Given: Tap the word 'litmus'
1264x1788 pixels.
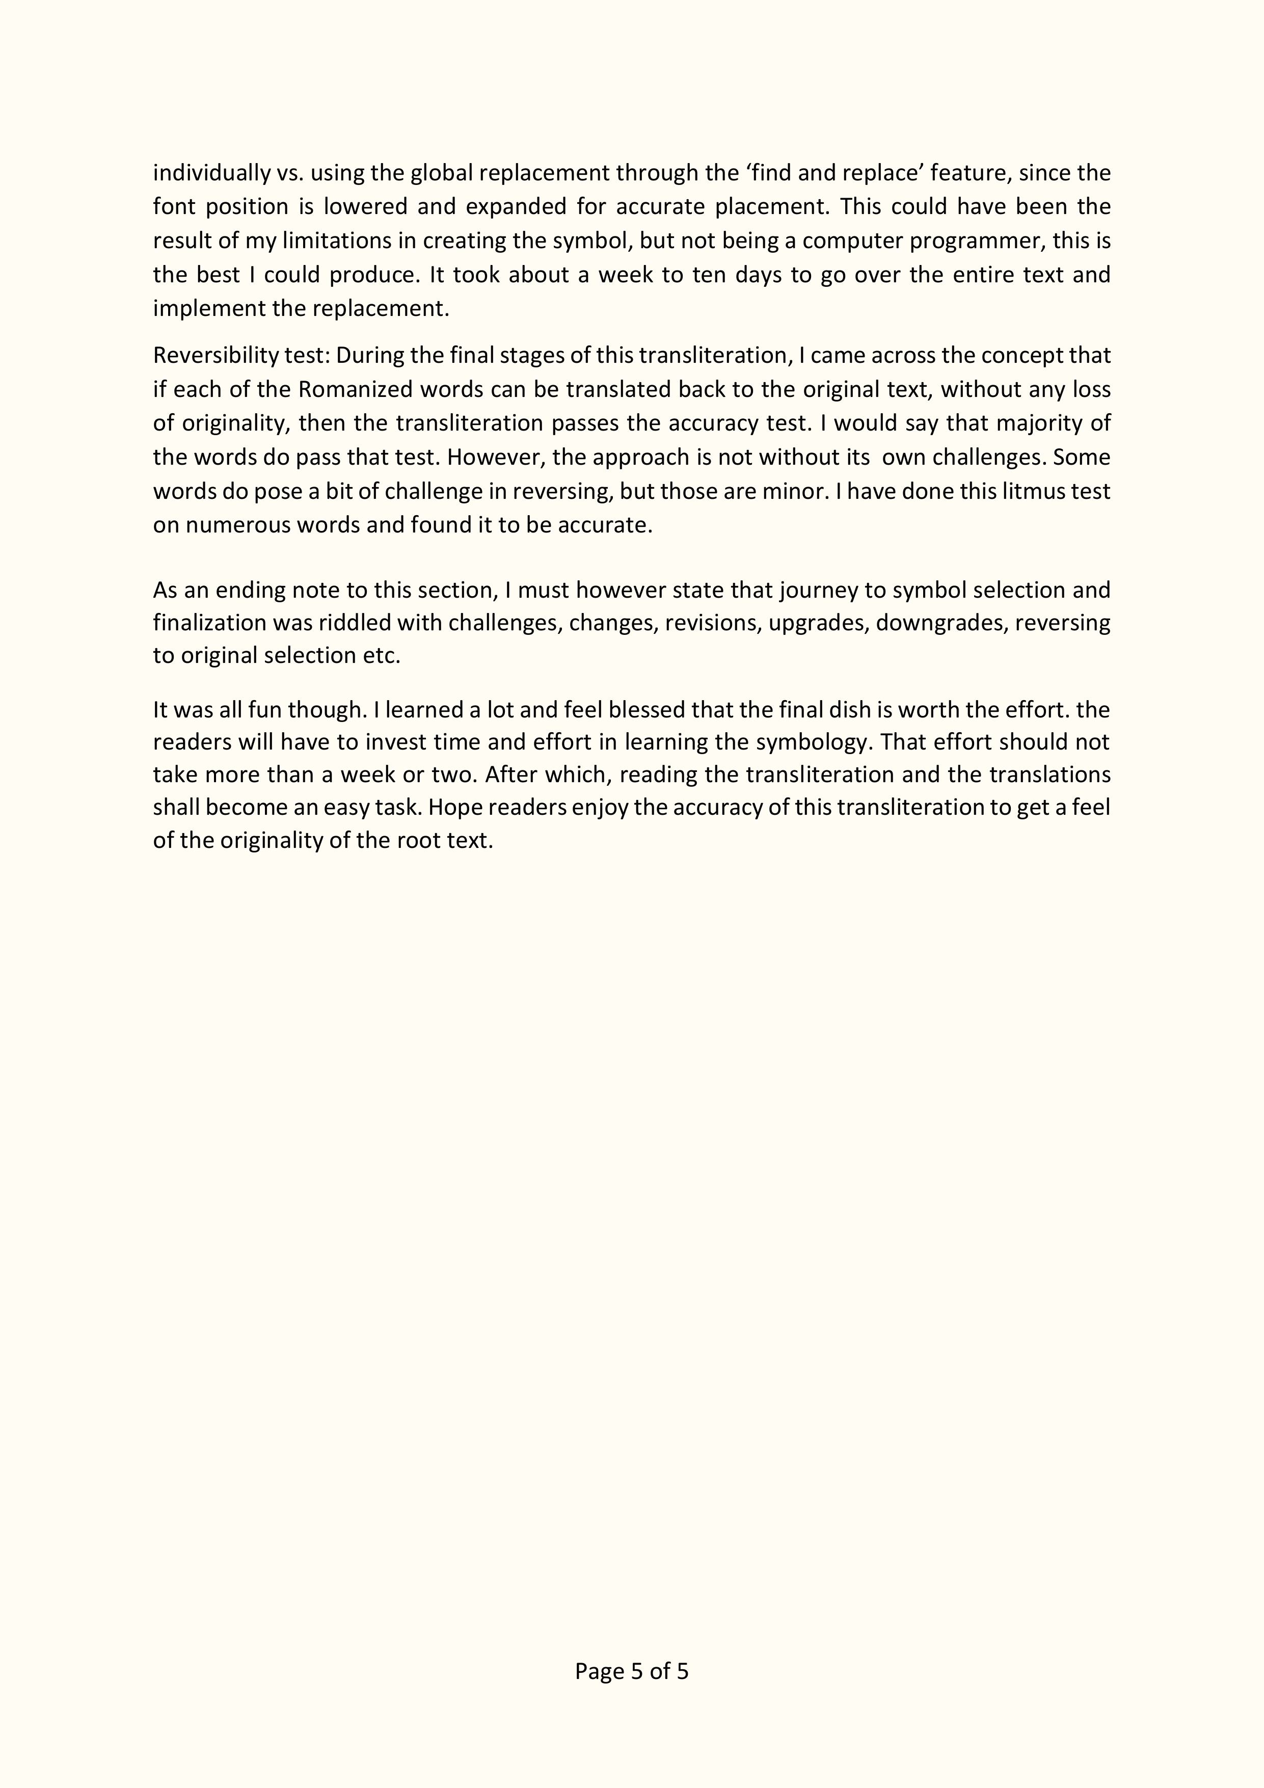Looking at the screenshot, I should point(1030,491).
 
